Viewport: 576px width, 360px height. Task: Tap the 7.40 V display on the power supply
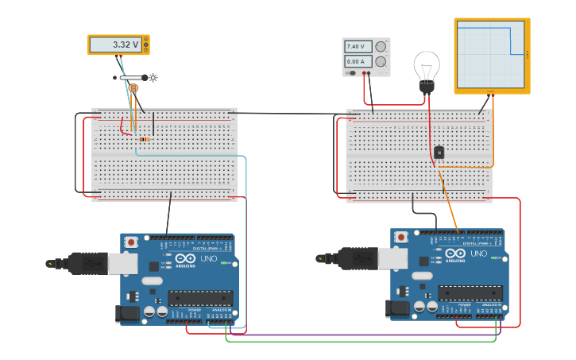click(x=356, y=47)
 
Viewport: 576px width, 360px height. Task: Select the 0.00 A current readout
click(x=356, y=61)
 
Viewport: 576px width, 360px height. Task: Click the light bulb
click(x=427, y=68)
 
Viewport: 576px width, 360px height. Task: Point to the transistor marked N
click(x=439, y=152)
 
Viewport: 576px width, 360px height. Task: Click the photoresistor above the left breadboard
click(x=133, y=87)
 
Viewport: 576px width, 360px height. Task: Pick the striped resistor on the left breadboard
click(x=143, y=140)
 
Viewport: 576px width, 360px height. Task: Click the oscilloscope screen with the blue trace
click(x=491, y=54)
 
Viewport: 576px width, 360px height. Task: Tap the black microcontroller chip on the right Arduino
click(x=470, y=293)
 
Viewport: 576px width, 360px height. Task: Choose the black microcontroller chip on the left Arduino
click(x=199, y=298)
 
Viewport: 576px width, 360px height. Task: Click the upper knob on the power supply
click(x=381, y=47)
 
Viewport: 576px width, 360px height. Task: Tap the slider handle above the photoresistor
click(x=145, y=78)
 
